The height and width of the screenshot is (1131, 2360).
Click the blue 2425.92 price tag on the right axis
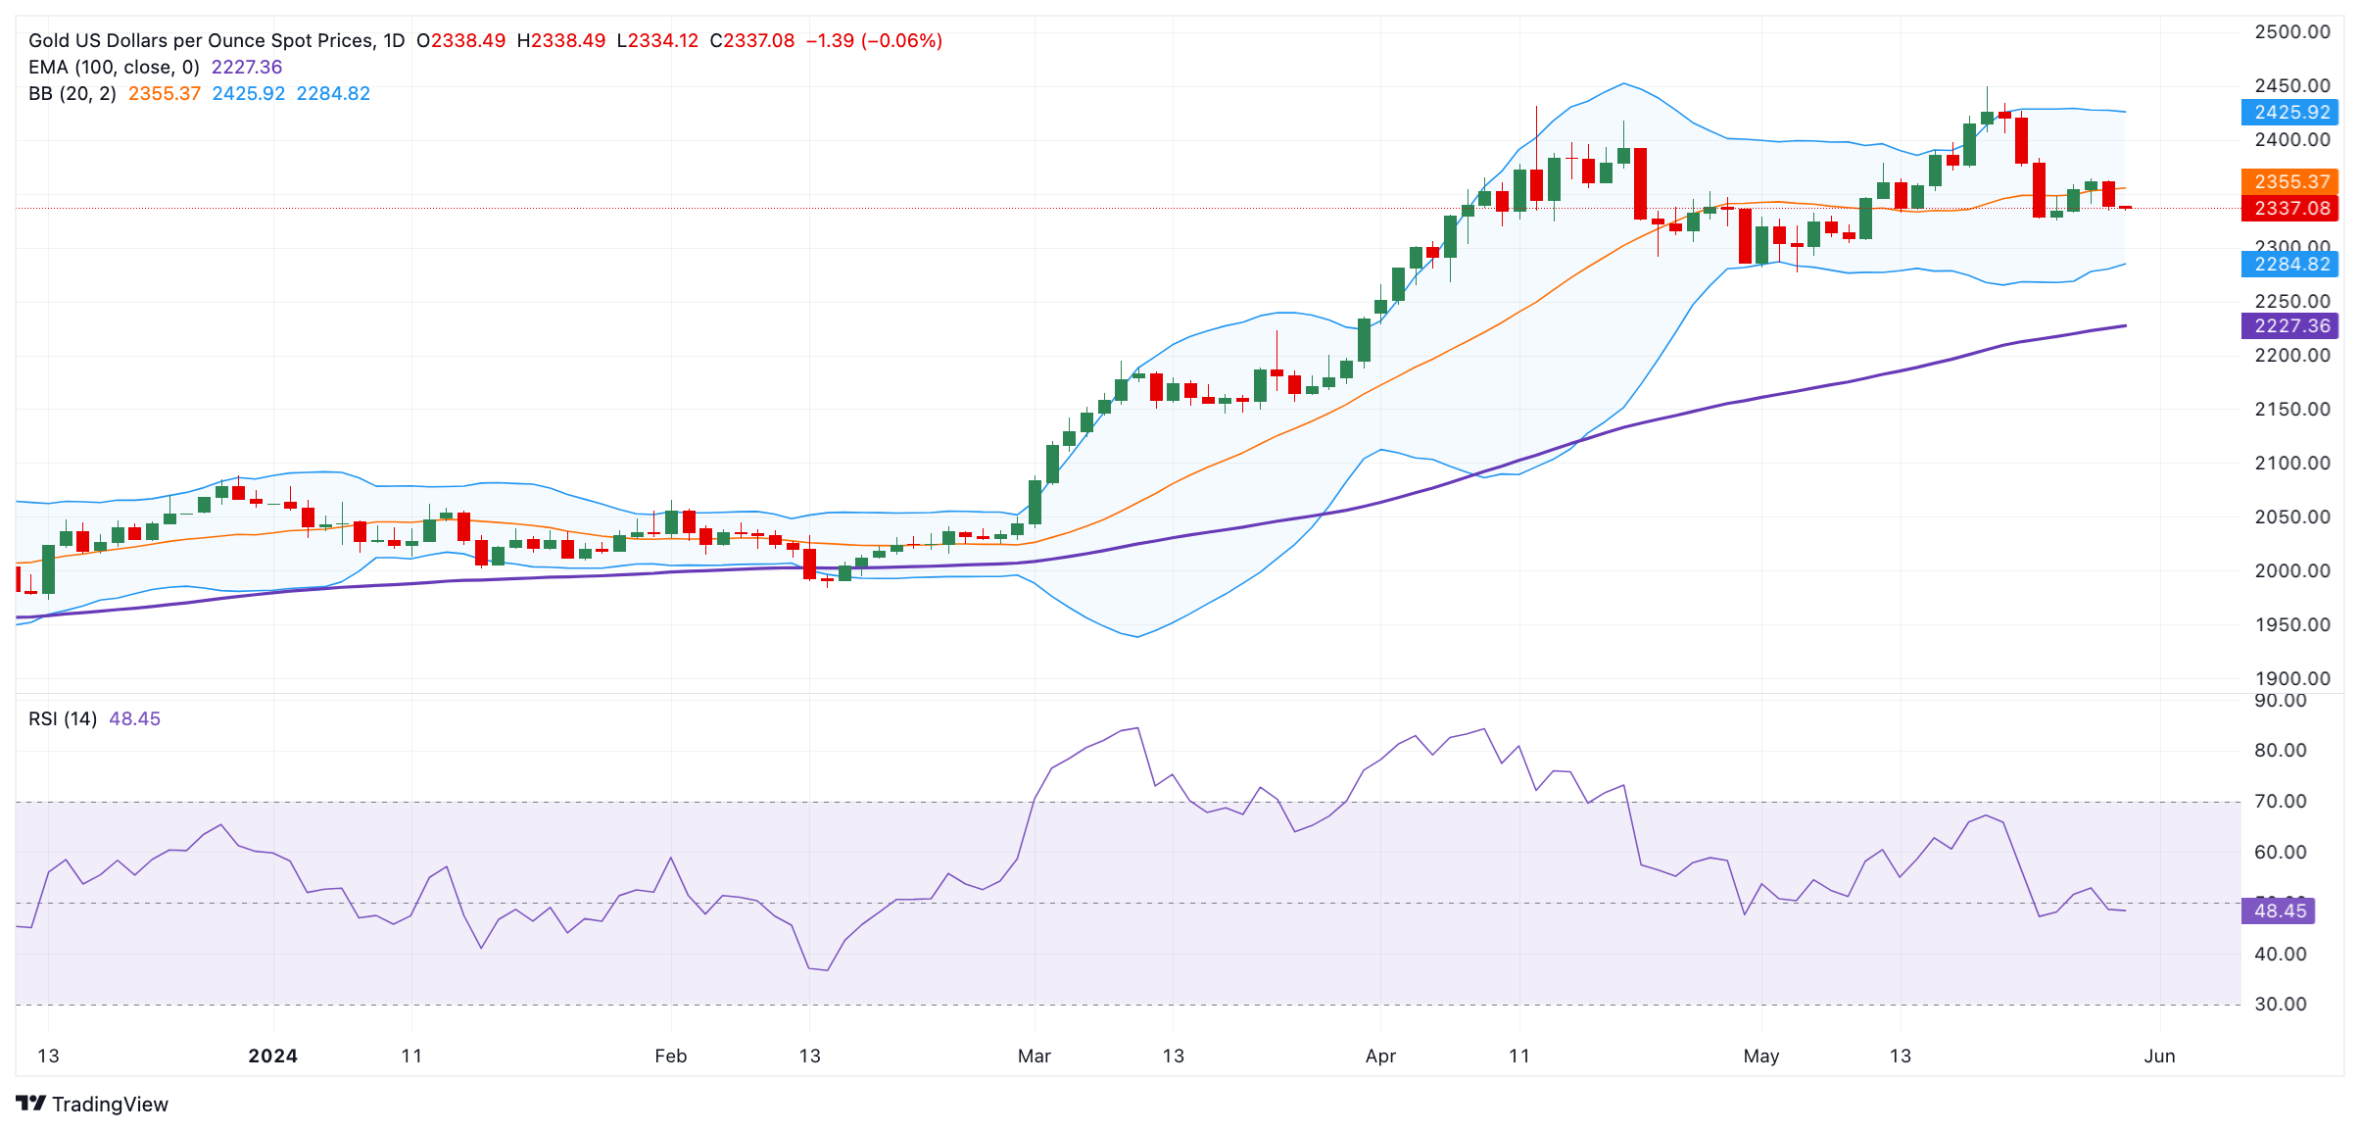pos(2289,112)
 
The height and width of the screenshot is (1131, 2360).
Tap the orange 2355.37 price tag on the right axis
pos(2289,181)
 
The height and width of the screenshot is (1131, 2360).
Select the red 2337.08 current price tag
pos(2289,208)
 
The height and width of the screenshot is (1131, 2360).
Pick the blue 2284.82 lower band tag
pos(2289,264)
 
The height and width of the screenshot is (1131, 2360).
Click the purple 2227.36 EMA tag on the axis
pos(2289,325)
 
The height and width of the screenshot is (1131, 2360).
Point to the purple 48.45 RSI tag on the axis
pos(2279,910)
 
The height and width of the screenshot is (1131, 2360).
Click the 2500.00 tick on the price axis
pos(2291,31)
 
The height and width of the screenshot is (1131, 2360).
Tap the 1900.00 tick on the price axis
pos(2291,678)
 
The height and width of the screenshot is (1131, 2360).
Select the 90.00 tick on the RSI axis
pos(2280,701)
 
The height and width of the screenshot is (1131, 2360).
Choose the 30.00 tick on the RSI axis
pos(2280,1004)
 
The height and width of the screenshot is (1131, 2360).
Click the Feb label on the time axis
pos(671,1056)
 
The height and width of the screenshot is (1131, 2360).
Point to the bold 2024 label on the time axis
pos(272,1056)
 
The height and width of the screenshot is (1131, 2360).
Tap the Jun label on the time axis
pos(2159,1056)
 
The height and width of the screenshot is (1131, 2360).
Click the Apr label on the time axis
pos(1380,1056)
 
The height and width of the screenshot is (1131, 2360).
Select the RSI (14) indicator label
pos(63,718)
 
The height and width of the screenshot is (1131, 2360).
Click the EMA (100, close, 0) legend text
pos(114,67)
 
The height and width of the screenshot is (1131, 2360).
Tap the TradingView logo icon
pos(31,1104)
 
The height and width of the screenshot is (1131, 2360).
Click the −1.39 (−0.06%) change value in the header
pos(874,40)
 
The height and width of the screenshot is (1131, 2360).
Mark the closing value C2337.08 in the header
pos(751,40)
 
